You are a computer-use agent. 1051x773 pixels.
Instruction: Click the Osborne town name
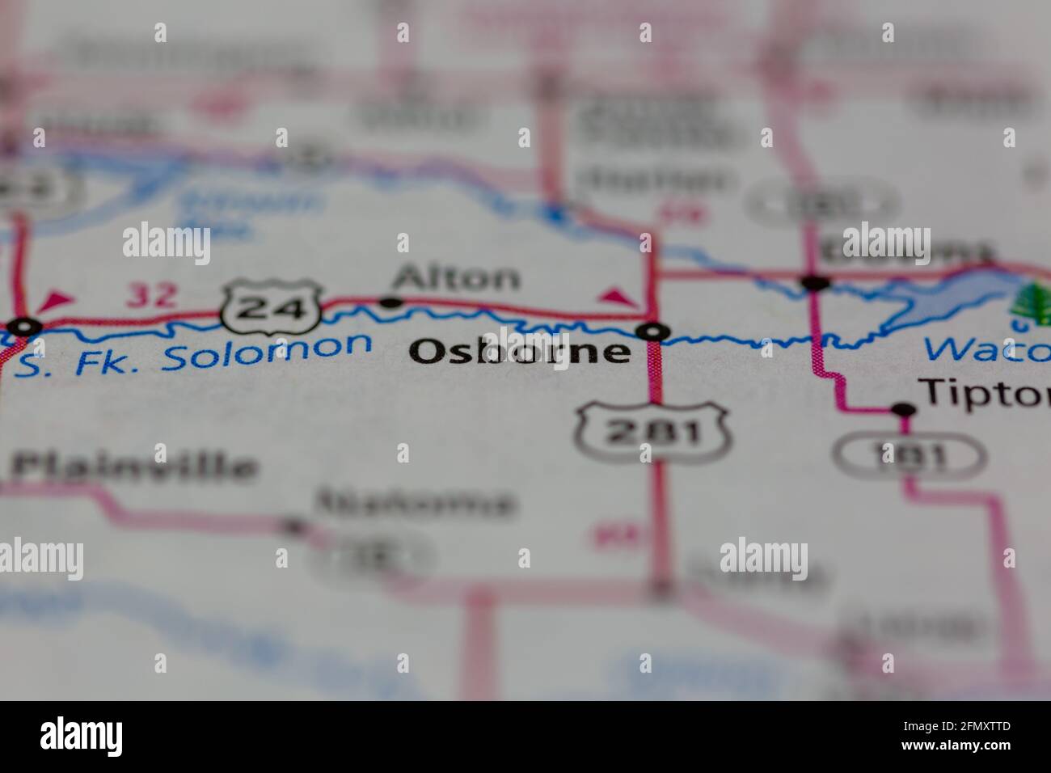(x=520, y=352)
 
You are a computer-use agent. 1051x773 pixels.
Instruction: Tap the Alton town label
(x=456, y=279)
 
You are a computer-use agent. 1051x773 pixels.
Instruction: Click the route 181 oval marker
(x=910, y=458)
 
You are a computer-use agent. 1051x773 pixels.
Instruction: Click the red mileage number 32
(x=151, y=296)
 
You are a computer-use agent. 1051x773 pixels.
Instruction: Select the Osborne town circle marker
(x=653, y=332)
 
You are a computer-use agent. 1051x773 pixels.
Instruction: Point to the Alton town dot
(x=391, y=303)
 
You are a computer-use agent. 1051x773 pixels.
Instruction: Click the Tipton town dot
(x=903, y=411)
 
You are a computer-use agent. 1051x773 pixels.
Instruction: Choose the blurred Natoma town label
(x=416, y=503)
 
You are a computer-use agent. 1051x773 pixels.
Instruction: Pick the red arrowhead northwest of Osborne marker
(x=618, y=297)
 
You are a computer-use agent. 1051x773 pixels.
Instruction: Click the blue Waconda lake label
(x=986, y=350)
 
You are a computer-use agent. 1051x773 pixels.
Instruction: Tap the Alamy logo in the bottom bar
(x=81, y=736)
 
